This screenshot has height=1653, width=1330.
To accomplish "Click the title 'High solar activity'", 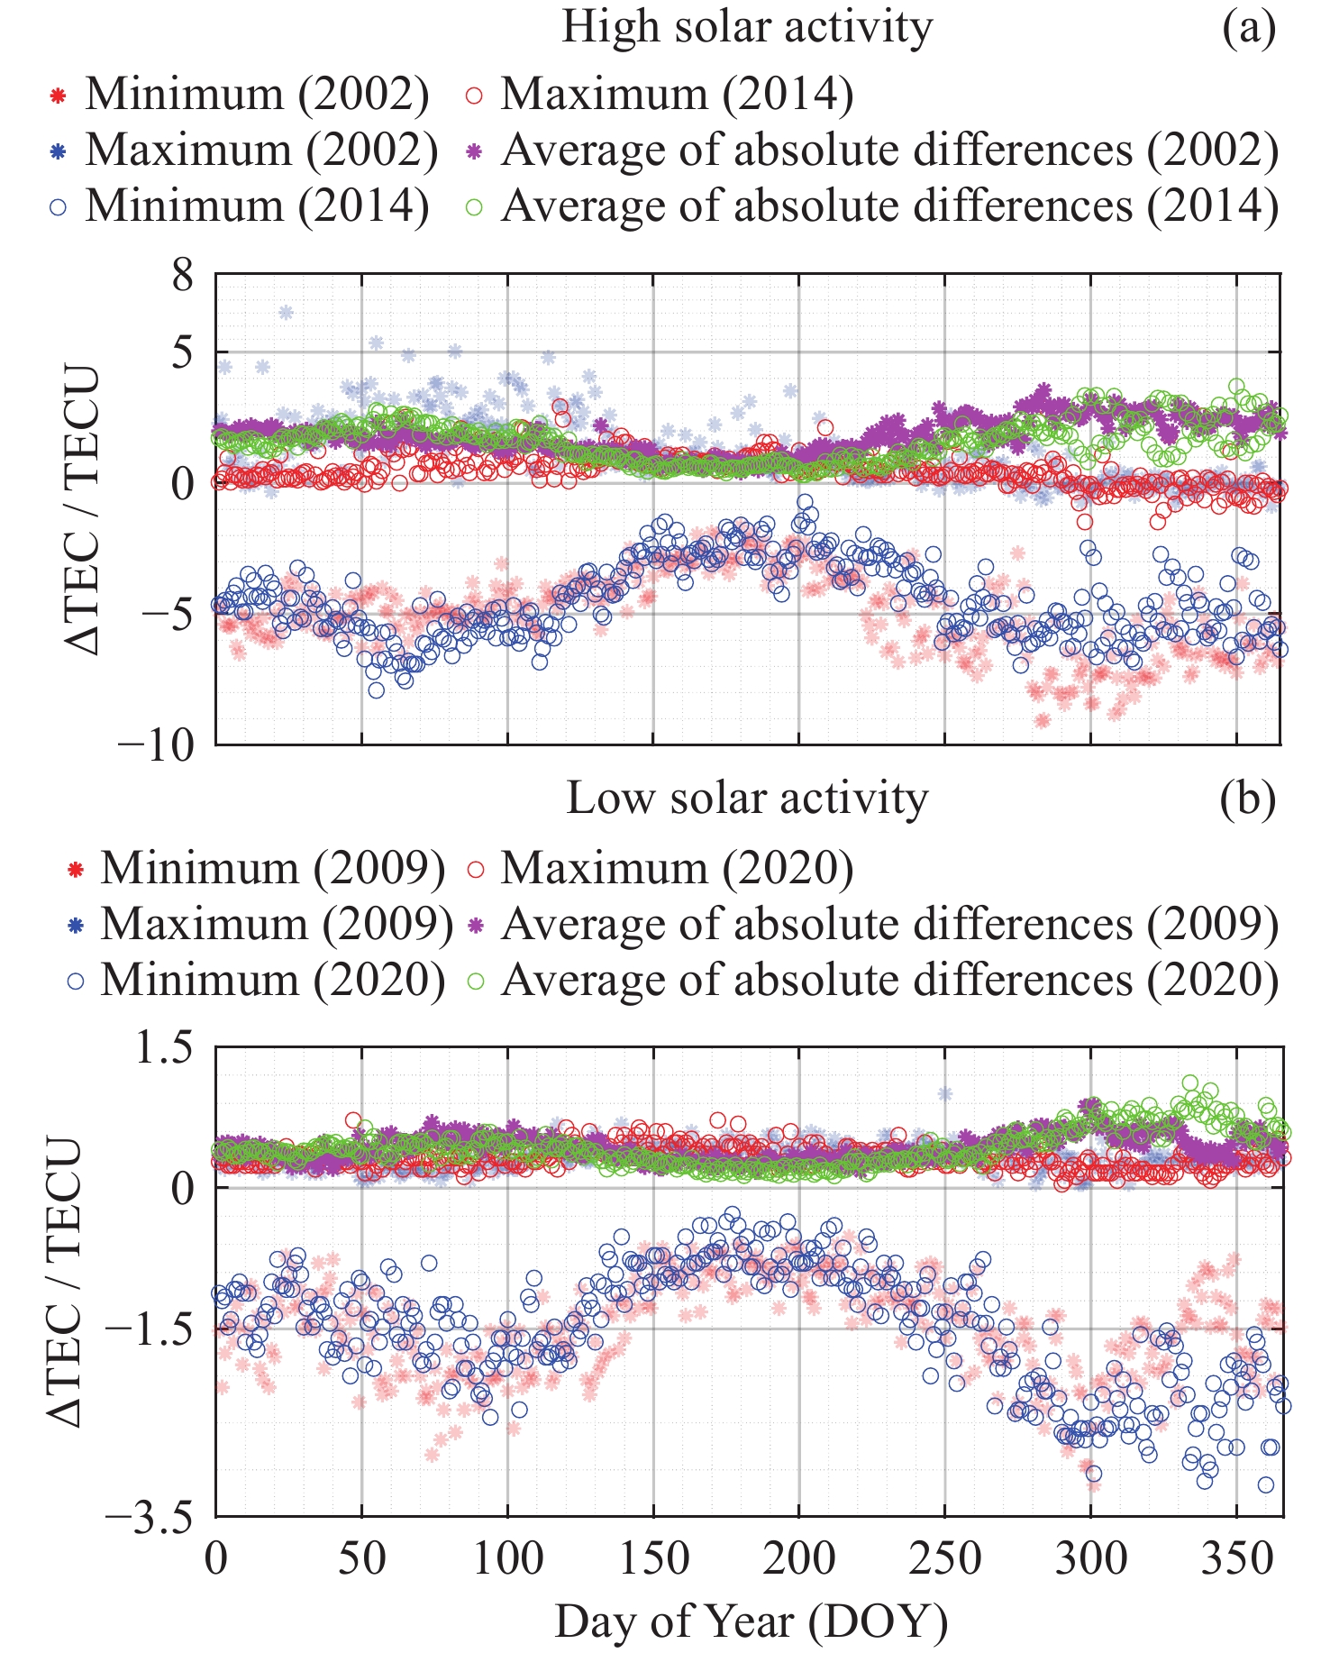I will tap(747, 28).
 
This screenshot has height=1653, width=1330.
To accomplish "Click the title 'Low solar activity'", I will tap(747, 799).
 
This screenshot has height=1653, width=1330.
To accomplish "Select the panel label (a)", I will tap(1249, 28).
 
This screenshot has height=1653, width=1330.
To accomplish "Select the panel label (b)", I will tap(1249, 799).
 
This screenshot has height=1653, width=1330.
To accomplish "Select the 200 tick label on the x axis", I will tap(798, 1558).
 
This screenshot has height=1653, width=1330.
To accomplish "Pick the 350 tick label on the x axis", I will tap(1236, 1558).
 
